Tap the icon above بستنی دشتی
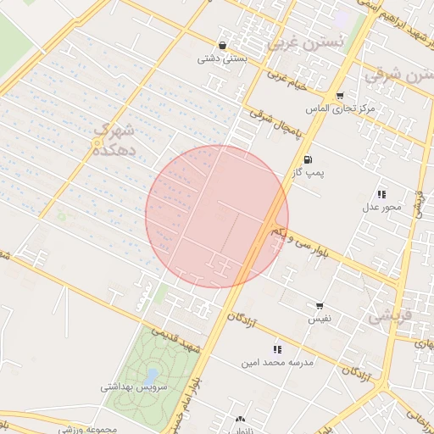pos(222,46)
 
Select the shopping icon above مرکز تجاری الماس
pos(340,96)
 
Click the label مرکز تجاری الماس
pos(342,110)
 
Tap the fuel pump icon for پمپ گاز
pos(307,159)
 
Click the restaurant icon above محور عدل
pos(381,194)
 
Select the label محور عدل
pos(381,208)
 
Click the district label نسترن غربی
pos(306,41)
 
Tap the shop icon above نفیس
pos(320,306)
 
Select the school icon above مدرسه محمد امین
pos(276,349)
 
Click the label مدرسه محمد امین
pos(276,363)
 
